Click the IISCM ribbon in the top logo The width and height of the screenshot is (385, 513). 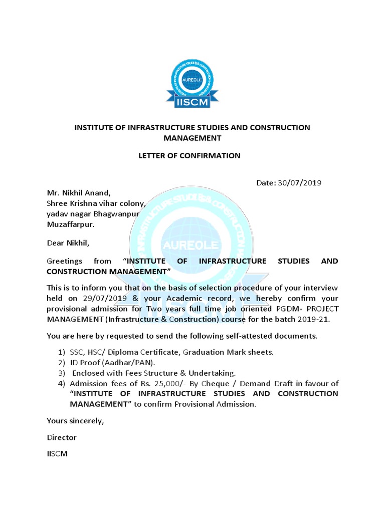click(x=192, y=102)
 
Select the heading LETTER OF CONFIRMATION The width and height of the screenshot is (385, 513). click(x=189, y=155)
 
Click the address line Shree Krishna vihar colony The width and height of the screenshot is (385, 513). click(x=95, y=203)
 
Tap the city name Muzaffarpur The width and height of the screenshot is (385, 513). click(x=70, y=224)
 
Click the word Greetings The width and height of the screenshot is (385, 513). click(x=64, y=261)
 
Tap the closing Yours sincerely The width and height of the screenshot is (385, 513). click(x=75, y=421)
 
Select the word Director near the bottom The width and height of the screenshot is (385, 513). click(x=61, y=437)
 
